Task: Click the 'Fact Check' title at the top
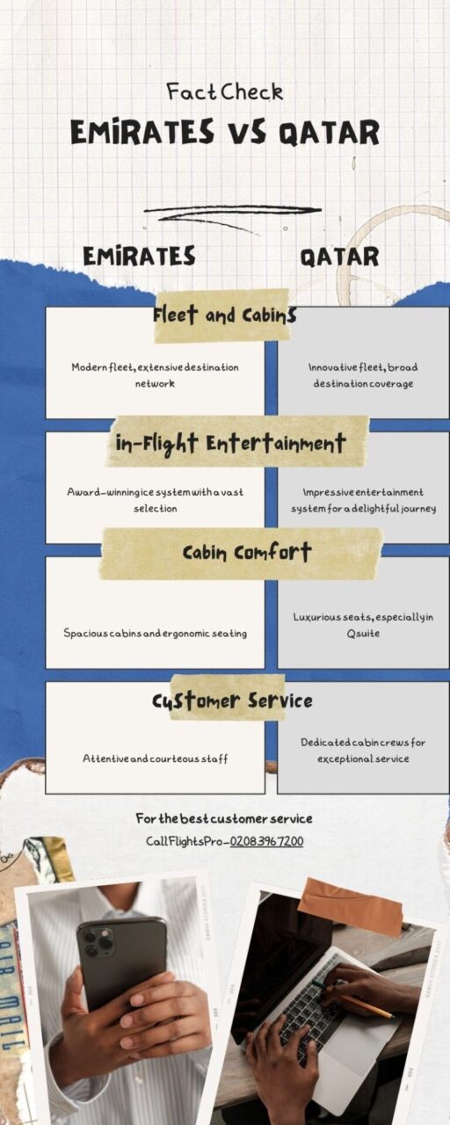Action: pyautogui.click(x=224, y=92)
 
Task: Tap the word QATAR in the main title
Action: pyautogui.click(x=329, y=134)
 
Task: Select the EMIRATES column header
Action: pyautogui.click(x=139, y=256)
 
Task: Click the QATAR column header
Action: pyautogui.click(x=339, y=258)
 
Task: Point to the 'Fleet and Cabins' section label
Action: pyautogui.click(x=224, y=316)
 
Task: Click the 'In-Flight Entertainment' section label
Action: pyautogui.click(x=230, y=443)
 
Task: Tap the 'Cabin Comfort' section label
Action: pyautogui.click(x=247, y=553)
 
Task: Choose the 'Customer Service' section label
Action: pyautogui.click(x=232, y=700)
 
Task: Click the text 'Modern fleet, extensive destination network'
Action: pyautogui.click(x=155, y=375)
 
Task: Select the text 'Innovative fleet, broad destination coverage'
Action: pyautogui.click(x=363, y=375)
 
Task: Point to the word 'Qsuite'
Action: pyautogui.click(x=363, y=634)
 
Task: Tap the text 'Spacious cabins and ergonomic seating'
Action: pyautogui.click(x=156, y=634)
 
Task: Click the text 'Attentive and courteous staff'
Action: pyautogui.click(x=156, y=758)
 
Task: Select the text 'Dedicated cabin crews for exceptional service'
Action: pyautogui.click(x=363, y=751)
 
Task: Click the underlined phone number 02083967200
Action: pyautogui.click(x=266, y=841)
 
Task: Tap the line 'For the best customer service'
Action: pyautogui.click(x=224, y=818)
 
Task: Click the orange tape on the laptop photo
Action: pyautogui.click(x=351, y=906)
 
